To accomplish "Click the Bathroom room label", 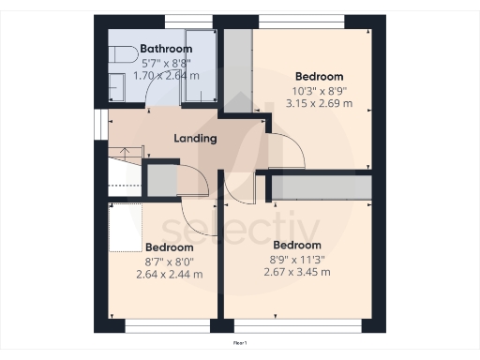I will (x=166, y=49).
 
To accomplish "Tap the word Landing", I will (x=195, y=138).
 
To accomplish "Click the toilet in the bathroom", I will (x=117, y=56).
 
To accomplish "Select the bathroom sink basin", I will (x=116, y=87).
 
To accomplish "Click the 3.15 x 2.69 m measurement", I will (x=319, y=103).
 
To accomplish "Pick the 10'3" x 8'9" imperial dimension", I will (x=319, y=91).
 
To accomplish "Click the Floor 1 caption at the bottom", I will (x=240, y=344).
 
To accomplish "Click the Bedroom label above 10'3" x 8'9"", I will (x=319, y=77).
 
